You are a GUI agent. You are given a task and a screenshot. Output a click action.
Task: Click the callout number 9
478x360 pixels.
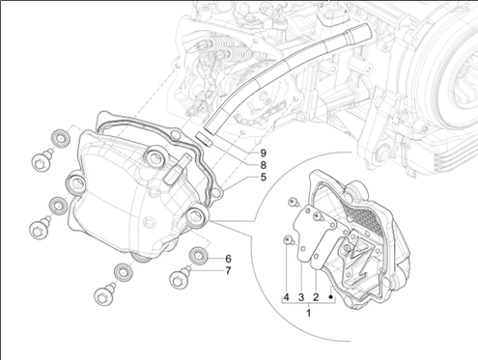pyautogui.click(x=264, y=152)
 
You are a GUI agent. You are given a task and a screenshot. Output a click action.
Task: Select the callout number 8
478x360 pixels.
pyautogui.click(x=264, y=165)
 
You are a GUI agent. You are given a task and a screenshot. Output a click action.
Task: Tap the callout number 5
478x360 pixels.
pyautogui.click(x=264, y=177)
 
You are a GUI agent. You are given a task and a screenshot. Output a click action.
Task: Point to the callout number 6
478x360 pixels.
pyautogui.click(x=228, y=259)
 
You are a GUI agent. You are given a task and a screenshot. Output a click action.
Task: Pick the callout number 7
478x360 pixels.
pyautogui.click(x=228, y=271)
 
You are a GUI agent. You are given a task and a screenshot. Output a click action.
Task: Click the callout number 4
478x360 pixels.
pyautogui.click(x=286, y=297)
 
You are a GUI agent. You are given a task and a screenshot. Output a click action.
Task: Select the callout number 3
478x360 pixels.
pyautogui.click(x=301, y=297)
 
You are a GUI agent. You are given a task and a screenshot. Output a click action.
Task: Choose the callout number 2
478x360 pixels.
pyautogui.click(x=316, y=297)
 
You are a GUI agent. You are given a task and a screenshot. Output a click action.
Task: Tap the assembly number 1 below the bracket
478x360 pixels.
pyautogui.click(x=309, y=313)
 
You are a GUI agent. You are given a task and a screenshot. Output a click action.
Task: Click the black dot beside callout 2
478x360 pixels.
pyautogui.click(x=330, y=297)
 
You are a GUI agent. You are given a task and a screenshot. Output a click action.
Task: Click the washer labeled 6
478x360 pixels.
pyautogui.click(x=198, y=256)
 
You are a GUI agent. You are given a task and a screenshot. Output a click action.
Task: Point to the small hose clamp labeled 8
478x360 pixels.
pyautogui.click(x=204, y=139)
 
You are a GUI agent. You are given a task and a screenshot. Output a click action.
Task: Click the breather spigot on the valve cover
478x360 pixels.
pyautogui.click(x=177, y=169)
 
